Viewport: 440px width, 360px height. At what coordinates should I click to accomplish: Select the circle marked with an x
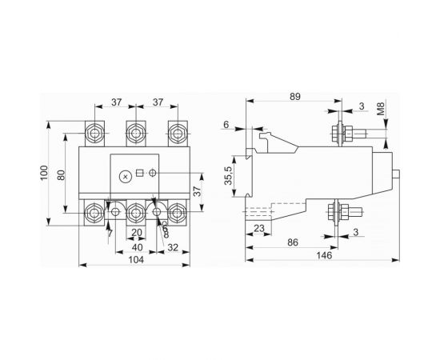click(x=123, y=175)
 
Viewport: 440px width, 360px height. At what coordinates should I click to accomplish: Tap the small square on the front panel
click(x=139, y=174)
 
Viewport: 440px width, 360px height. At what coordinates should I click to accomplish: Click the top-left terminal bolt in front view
click(x=97, y=130)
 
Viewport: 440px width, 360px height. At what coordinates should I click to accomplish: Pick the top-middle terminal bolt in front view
click(x=136, y=130)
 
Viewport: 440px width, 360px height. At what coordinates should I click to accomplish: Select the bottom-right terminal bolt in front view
click(x=175, y=213)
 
